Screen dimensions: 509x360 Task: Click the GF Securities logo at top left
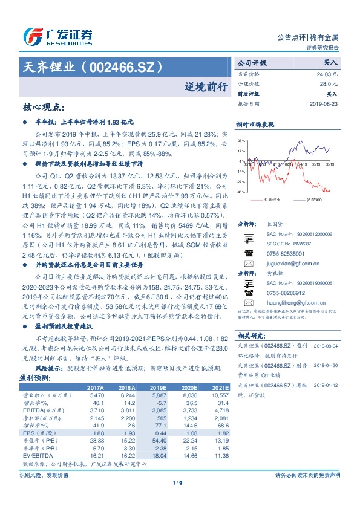pyautogui.click(x=57, y=36)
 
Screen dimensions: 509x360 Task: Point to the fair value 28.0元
pyautogui.click(x=329, y=83)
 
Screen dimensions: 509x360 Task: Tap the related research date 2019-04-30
pyautogui.click(x=324, y=365)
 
